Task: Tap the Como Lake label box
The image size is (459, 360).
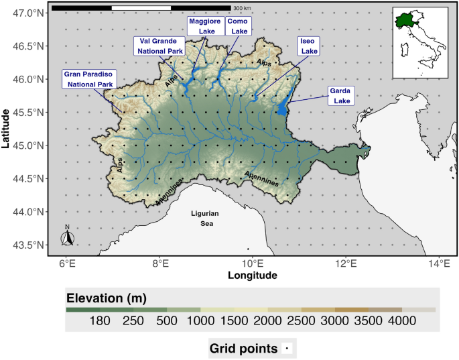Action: pos(237,26)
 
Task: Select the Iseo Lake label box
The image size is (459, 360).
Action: pos(309,46)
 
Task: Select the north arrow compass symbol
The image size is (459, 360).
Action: pos(68,237)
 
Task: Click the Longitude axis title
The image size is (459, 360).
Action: pos(252,276)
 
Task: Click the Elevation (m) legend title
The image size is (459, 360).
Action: pos(106,298)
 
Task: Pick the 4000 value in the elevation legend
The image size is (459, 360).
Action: pos(401,322)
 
